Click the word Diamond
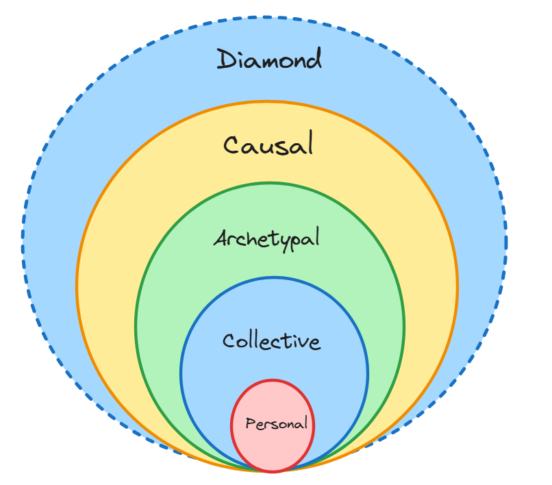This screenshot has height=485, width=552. click(x=269, y=60)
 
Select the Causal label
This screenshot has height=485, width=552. click(x=268, y=145)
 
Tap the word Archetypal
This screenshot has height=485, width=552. click(x=266, y=239)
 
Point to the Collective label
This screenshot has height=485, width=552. click(x=272, y=341)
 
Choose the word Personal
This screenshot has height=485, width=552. click(x=276, y=424)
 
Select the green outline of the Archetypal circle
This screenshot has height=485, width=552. click(x=136, y=325)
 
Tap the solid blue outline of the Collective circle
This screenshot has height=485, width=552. click(x=181, y=373)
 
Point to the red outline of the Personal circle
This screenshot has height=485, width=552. click(x=231, y=425)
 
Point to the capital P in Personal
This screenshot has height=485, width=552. click(x=250, y=424)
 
